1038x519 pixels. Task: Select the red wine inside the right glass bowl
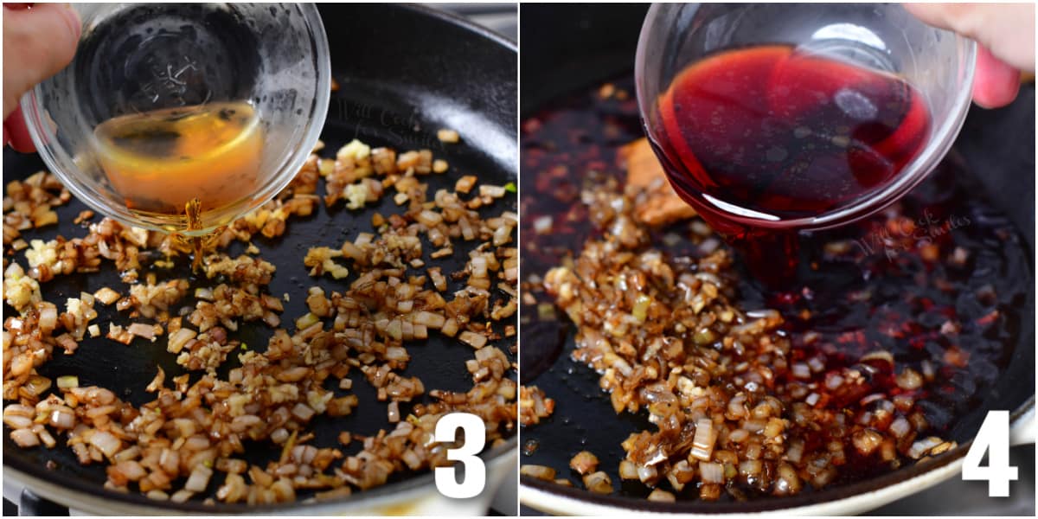pyautogui.click(x=787, y=130)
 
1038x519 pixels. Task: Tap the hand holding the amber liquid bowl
pyautogui.click(x=35, y=52)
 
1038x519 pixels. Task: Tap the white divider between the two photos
pyautogui.click(x=518, y=259)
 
